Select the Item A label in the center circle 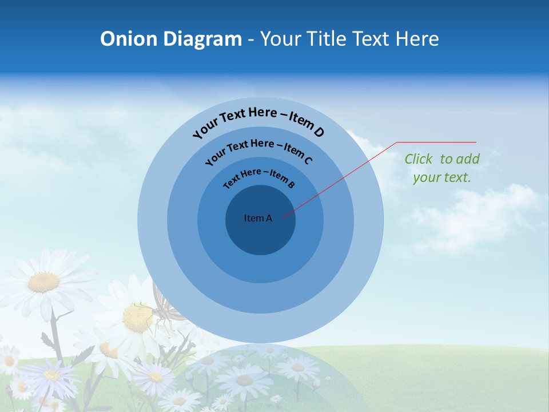pos(258,218)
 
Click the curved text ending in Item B pos(259,177)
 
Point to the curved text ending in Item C pos(258,151)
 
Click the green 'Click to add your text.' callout pos(441,168)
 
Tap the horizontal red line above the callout pos(437,142)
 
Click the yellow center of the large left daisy pos(43,282)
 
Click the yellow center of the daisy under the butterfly pos(136,318)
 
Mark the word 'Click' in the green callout pos(419,159)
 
